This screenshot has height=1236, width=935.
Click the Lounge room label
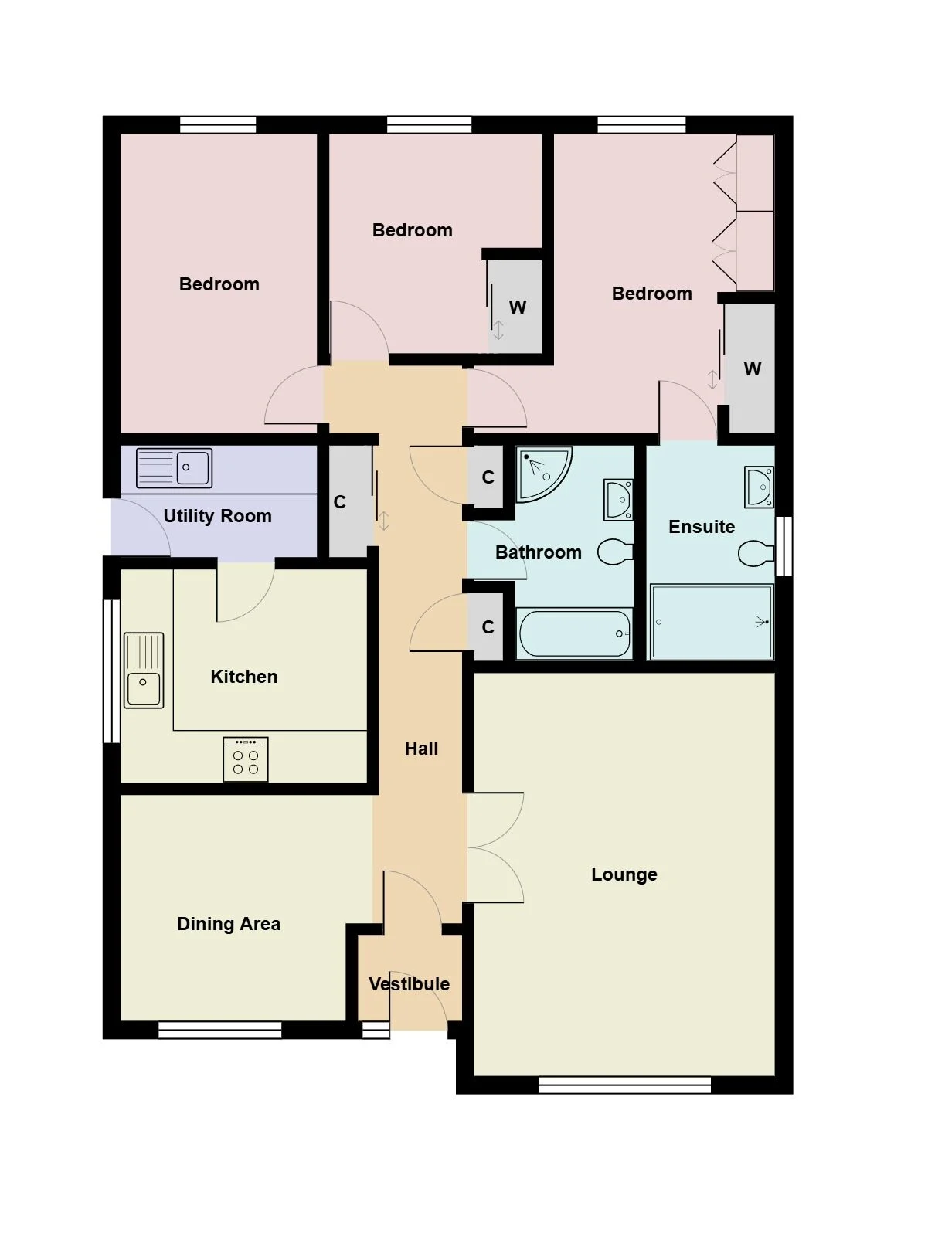(624, 874)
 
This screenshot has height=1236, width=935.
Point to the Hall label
(421, 749)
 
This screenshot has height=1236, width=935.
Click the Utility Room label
(217, 516)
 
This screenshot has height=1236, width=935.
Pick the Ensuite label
(702, 527)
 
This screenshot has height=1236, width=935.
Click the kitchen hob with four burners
(246, 759)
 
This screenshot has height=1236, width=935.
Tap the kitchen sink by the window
(144, 670)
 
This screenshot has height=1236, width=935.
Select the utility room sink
(174, 468)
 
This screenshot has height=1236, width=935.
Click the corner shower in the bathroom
(543, 474)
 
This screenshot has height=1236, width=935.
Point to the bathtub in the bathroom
(574, 633)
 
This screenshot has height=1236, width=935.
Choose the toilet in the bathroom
(615, 552)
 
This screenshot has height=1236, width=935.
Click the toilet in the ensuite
(756, 553)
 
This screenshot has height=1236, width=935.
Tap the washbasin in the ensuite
(760, 487)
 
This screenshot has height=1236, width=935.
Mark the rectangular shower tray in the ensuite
(712, 622)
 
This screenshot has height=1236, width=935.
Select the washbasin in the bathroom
(618, 500)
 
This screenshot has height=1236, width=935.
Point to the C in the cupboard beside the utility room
(340, 501)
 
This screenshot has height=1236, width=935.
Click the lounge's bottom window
(624, 1085)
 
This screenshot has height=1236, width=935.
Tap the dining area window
(219, 1030)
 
